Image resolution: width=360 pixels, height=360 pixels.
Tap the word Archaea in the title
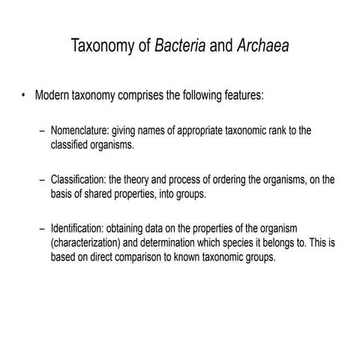(262, 47)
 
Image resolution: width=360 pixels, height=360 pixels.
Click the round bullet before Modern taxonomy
(25, 96)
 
